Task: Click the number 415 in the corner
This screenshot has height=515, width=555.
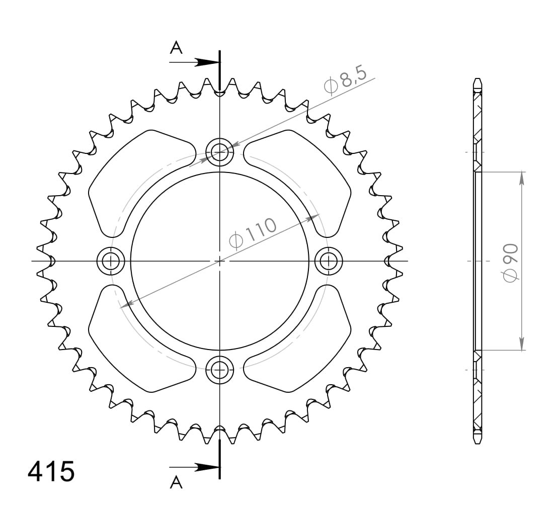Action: pyautogui.click(x=51, y=472)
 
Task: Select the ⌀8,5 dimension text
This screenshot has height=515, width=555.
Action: pyautogui.click(x=349, y=80)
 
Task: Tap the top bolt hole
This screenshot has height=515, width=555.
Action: pyautogui.click(x=219, y=150)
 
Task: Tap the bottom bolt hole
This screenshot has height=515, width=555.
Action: pyautogui.click(x=219, y=370)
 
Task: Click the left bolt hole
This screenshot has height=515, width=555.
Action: pyautogui.click(x=110, y=261)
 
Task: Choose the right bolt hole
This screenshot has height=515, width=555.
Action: pyautogui.click(x=329, y=261)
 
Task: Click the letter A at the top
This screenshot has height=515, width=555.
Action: pyautogui.click(x=176, y=48)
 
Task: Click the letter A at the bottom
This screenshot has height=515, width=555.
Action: pyautogui.click(x=176, y=483)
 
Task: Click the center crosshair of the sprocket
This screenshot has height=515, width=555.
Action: pyautogui.click(x=219, y=261)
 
